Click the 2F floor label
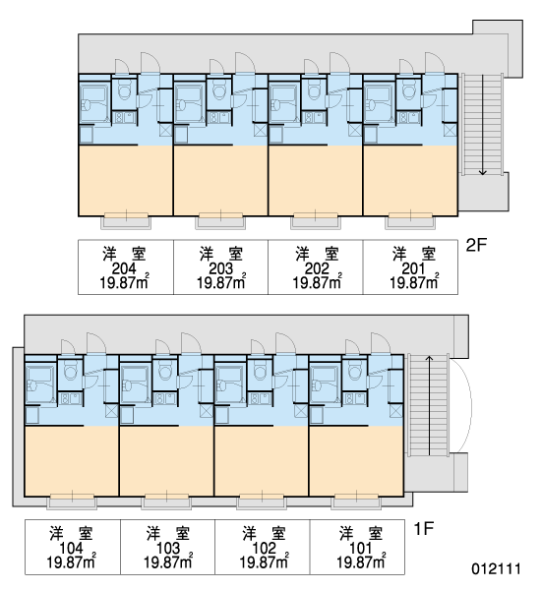click(x=476, y=245)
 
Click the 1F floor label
click(x=424, y=529)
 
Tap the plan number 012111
click(x=497, y=568)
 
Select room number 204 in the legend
click(x=124, y=268)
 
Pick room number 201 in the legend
click(x=413, y=268)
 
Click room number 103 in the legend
click(x=168, y=549)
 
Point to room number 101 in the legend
click(x=361, y=549)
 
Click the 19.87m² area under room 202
click(x=317, y=281)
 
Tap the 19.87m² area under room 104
click(x=71, y=561)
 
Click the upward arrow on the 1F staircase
click(x=429, y=405)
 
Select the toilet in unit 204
click(x=124, y=89)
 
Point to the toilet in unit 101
click(x=354, y=370)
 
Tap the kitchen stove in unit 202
click(x=313, y=117)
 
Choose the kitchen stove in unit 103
click(x=165, y=398)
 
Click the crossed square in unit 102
click(x=300, y=411)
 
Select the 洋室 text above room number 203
click(x=221, y=254)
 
